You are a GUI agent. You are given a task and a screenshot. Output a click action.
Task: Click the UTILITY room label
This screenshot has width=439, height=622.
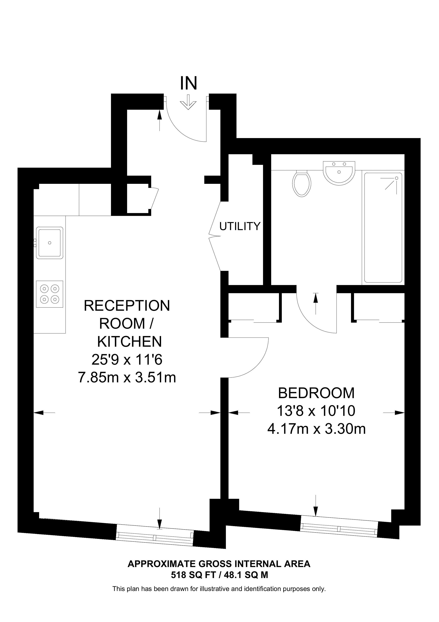point(240,226)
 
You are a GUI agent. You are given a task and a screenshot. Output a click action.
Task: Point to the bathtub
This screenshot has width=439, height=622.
point(383,228)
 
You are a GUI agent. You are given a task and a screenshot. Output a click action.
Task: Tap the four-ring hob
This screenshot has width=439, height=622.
point(49,294)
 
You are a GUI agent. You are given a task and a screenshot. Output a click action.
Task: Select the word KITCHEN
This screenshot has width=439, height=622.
point(130,342)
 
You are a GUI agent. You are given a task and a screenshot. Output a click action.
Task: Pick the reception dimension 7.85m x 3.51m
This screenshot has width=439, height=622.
point(127,377)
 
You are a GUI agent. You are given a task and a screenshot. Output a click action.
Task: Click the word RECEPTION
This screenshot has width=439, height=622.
point(127,306)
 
